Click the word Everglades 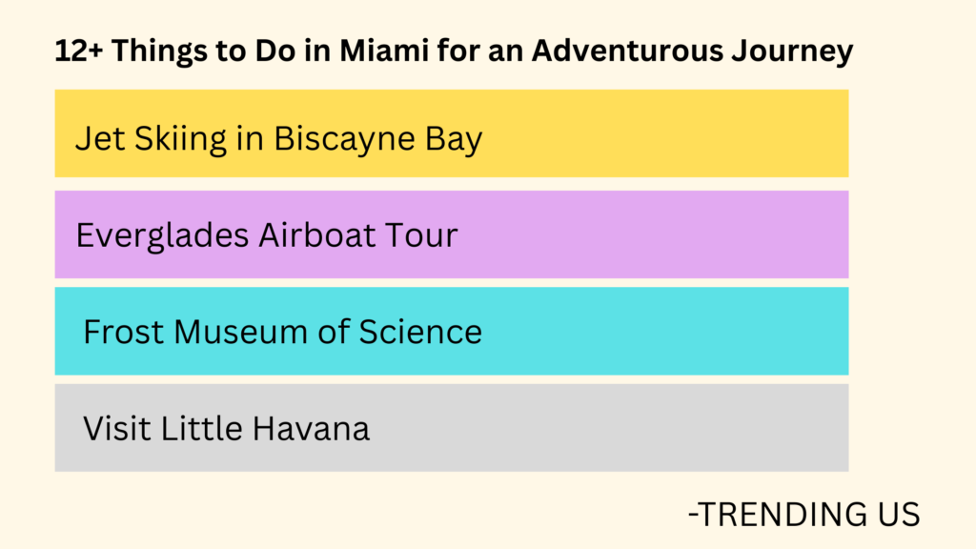coord(161,235)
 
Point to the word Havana coord(311,429)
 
